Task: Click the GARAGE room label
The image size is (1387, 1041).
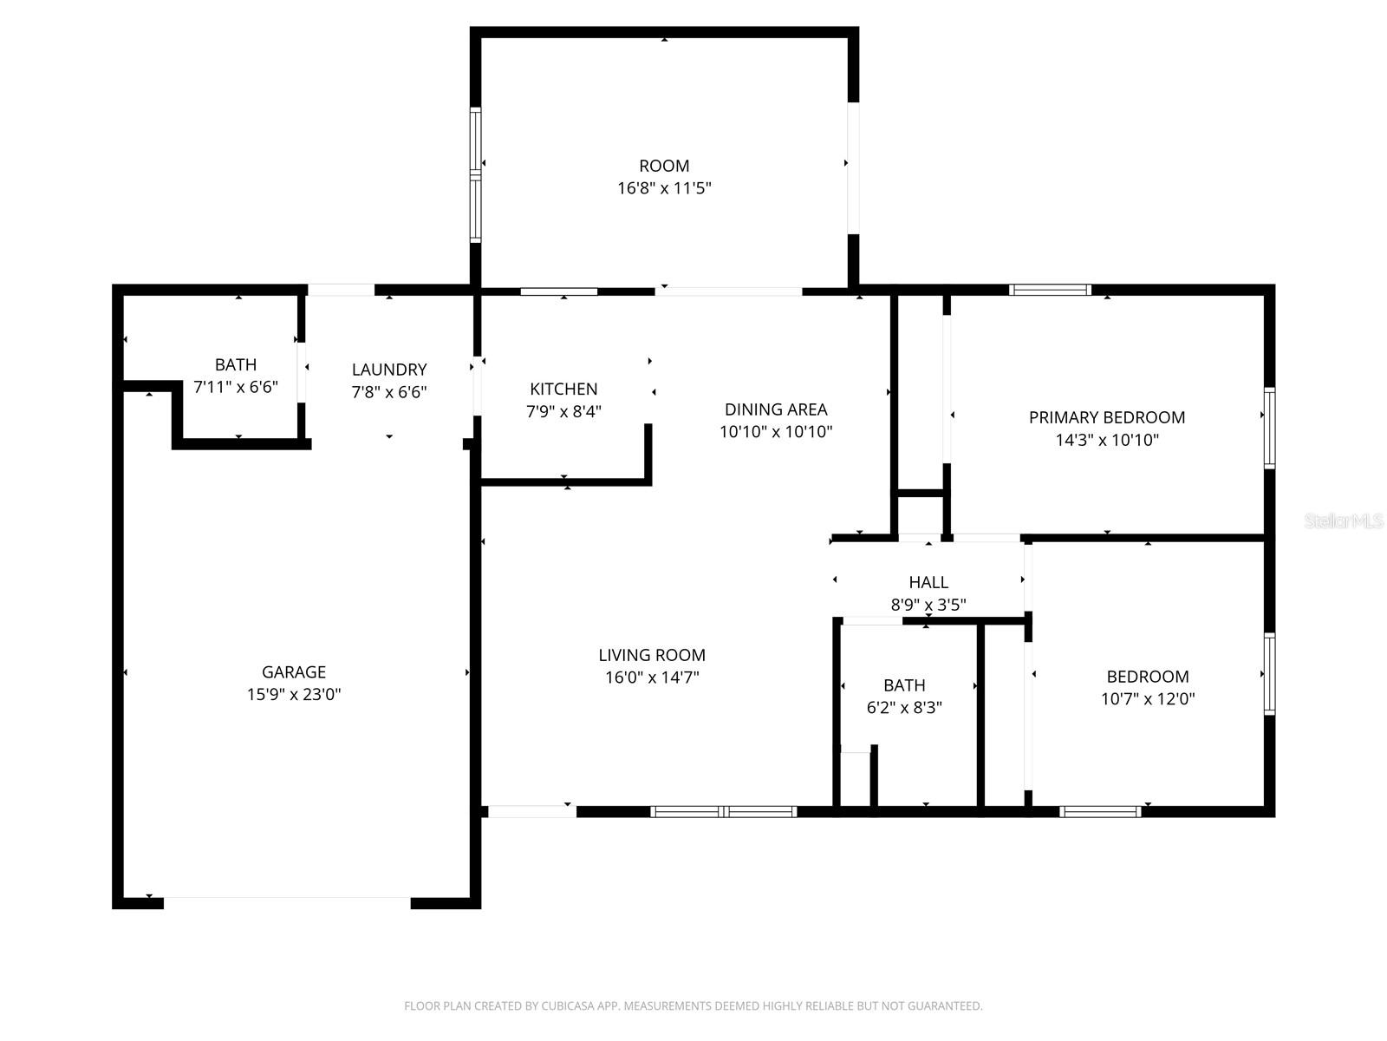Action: coord(294,671)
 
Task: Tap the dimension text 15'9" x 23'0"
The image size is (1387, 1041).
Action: coord(294,694)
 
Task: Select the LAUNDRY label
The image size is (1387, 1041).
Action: coord(388,370)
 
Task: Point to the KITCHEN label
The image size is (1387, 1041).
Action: coord(563,389)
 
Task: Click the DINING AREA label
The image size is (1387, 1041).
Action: coord(776,409)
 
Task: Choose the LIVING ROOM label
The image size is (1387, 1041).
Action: coord(652,655)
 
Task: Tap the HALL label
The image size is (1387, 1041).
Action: coord(928,582)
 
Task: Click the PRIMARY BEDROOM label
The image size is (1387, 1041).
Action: coord(1107,417)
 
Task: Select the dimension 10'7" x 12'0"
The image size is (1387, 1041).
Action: coord(1148,699)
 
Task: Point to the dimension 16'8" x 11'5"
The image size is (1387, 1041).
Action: coord(664,188)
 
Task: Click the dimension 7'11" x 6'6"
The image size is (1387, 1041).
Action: coord(236,387)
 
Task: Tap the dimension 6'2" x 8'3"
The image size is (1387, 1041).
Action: coord(904,707)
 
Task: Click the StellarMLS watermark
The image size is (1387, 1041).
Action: coord(1343,521)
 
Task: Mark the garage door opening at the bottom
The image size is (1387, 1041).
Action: coord(287,902)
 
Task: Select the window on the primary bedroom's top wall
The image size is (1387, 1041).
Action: coord(1050,290)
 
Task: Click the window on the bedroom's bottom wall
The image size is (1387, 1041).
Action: coord(1100,812)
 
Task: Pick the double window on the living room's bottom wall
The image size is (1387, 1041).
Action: coord(723,812)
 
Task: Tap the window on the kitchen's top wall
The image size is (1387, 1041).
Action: coord(559,291)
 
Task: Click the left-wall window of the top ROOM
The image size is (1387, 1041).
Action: coord(475,174)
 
